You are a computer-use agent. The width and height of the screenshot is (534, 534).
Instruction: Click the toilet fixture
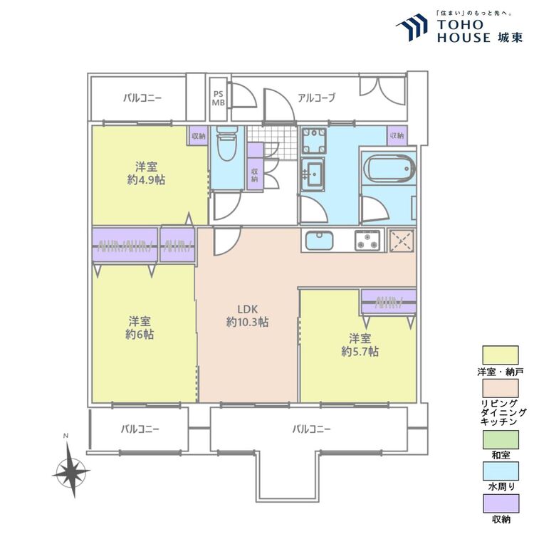tap(226, 143)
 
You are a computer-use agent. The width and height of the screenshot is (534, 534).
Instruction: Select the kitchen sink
tap(319, 241)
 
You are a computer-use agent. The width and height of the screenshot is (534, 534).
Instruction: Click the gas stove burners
tap(367, 240)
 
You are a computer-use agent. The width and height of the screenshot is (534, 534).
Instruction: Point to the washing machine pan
tap(314, 141)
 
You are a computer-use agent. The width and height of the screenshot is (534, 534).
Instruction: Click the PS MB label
tap(219, 98)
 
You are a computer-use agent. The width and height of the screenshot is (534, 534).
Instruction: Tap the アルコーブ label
tap(316, 98)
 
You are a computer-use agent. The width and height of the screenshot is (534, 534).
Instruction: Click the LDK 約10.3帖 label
tap(248, 315)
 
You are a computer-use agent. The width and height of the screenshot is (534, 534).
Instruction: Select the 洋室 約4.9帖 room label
tap(146, 173)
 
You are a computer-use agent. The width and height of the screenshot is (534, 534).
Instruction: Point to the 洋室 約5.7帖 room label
tap(360, 345)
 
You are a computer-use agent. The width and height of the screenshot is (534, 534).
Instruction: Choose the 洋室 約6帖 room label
tap(140, 328)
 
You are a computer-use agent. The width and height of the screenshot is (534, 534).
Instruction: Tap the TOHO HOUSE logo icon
tap(412, 27)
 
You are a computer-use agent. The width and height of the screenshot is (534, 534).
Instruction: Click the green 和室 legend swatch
tap(501, 439)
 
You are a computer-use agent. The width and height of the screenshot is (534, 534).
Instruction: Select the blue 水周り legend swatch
tap(501, 471)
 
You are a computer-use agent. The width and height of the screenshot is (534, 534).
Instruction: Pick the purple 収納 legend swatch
tap(501, 503)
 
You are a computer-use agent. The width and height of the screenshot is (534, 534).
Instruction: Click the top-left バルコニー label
tap(142, 98)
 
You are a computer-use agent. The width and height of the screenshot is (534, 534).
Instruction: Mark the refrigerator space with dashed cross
tap(402, 241)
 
